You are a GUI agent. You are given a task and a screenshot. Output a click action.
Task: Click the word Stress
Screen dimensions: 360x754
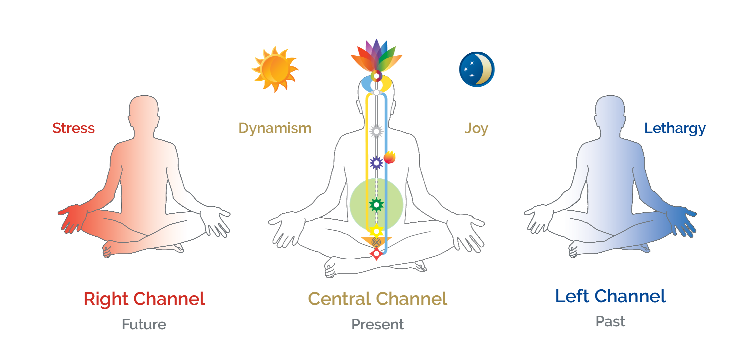73,128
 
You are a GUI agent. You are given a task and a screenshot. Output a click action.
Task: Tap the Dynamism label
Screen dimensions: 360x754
275,128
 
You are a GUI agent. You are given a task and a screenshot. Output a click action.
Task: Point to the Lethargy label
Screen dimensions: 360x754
675,128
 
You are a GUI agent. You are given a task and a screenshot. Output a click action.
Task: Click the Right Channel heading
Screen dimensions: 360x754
144,299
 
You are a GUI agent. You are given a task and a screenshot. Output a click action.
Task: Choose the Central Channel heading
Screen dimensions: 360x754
377,299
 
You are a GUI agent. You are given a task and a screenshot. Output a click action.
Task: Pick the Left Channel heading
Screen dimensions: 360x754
610,296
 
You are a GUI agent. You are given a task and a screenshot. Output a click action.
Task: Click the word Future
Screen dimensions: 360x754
144,324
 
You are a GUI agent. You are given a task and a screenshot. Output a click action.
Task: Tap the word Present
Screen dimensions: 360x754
377,324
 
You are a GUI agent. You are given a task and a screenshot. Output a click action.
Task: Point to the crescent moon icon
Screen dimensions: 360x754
477,69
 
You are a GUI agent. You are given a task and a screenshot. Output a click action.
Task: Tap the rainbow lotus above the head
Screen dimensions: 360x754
377,57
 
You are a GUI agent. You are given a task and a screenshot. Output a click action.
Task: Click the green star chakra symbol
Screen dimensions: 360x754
377,205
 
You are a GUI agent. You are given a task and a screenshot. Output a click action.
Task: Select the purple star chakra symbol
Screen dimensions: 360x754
377,163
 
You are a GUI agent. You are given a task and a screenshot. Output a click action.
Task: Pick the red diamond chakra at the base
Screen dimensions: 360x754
377,254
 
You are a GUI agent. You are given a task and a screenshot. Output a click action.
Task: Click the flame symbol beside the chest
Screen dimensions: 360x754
389,157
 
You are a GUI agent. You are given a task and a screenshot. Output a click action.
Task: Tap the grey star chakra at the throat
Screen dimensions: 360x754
377,132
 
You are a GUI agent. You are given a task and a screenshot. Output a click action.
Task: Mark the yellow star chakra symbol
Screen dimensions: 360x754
377,231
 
